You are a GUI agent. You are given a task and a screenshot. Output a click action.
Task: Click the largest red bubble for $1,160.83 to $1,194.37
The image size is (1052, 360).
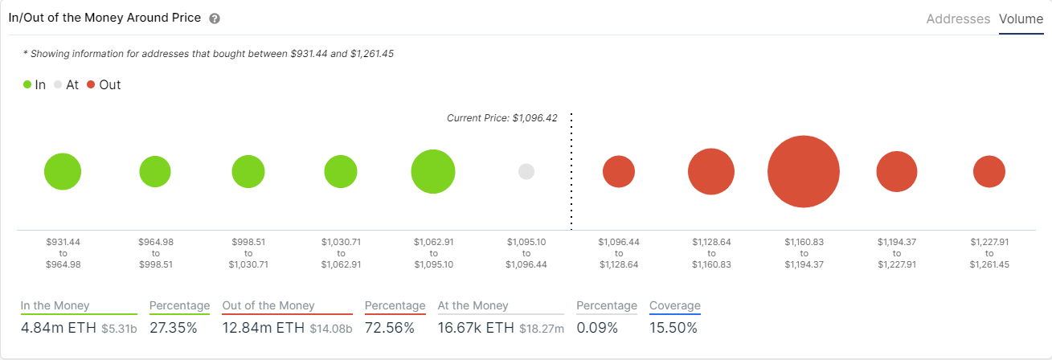(x=804, y=172)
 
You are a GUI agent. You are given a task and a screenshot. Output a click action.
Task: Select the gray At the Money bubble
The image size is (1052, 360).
(x=526, y=172)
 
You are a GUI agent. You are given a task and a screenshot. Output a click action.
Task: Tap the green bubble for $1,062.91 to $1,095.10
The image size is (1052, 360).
(x=433, y=172)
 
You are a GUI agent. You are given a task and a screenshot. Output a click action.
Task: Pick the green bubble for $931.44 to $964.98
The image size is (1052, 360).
(x=63, y=172)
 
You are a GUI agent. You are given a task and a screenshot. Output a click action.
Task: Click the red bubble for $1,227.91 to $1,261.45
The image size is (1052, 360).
(x=989, y=172)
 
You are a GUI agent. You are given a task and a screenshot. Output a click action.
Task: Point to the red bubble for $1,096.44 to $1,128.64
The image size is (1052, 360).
(x=619, y=172)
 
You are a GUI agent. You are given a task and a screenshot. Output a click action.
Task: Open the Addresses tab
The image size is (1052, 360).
(x=958, y=18)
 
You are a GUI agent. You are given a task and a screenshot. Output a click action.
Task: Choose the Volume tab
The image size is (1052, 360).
(x=1021, y=18)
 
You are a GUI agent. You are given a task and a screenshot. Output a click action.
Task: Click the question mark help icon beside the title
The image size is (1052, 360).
(x=215, y=18)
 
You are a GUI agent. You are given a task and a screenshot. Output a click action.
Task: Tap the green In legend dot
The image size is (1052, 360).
(x=27, y=84)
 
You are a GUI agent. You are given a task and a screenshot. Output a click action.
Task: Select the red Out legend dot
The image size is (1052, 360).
(x=91, y=84)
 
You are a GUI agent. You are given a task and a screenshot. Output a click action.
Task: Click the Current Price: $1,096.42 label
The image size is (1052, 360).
(x=503, y=118)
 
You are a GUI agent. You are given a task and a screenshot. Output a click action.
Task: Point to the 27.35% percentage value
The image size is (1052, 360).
(x=174, y=328)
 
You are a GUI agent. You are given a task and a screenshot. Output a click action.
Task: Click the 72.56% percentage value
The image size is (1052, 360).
(x=390, y=328)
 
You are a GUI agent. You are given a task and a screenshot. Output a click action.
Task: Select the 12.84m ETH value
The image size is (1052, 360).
(x=262, y=328)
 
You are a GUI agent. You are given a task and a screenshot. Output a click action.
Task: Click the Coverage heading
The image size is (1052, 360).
(x=675, y=305)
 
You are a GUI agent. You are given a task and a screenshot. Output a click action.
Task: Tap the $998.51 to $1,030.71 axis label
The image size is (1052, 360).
(x=248, y=253)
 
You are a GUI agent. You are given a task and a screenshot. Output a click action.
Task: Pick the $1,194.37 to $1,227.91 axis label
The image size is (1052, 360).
(x=897, y=253)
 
